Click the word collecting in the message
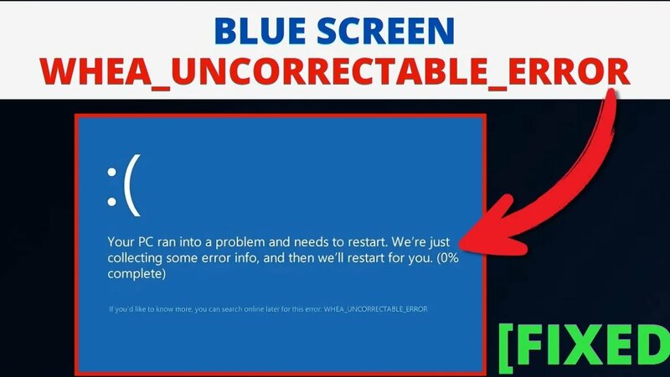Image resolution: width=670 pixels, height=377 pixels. coord(138,259)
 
